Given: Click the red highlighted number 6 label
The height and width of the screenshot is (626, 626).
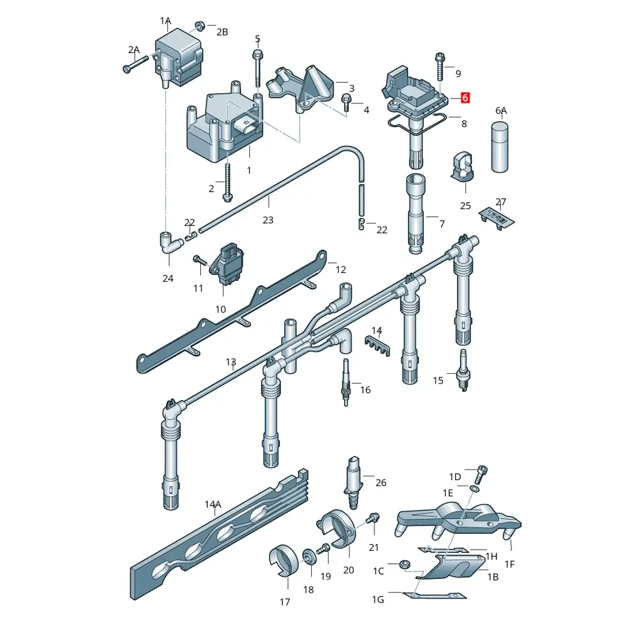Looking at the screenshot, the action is [465, 98].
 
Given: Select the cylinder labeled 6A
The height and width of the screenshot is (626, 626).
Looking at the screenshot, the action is [500, 147].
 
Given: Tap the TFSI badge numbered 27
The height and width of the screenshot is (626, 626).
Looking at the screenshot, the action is [496, 218].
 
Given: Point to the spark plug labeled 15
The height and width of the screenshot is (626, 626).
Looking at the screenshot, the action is [463, 370].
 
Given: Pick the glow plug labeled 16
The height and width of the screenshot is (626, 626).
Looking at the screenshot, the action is [346, 382].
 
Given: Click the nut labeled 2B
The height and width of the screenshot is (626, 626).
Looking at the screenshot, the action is [200, 26].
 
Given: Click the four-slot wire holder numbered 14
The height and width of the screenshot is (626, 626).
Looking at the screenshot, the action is [377, 346].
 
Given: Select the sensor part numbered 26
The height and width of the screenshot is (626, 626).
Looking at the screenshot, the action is [354, 483].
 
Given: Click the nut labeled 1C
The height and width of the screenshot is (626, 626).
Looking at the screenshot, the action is [404, 564].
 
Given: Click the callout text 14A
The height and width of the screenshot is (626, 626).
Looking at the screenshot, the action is [213, 504].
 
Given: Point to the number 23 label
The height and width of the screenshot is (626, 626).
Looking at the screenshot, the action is [268, 220].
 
